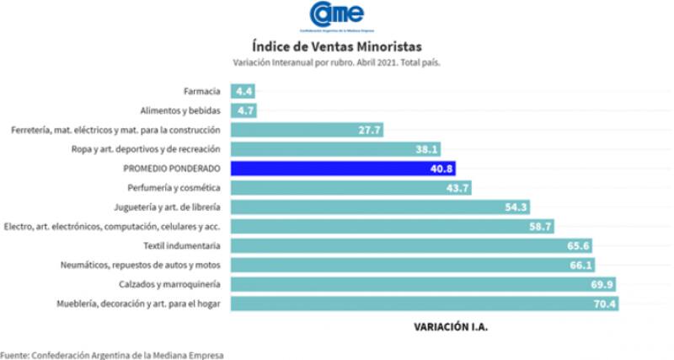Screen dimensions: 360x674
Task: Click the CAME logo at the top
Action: pyautogui.click(x=336, y=14)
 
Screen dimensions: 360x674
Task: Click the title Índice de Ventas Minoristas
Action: pyautogui.click(x=336, y=45)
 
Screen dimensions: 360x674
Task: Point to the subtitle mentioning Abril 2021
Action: pyautogui.click(x=336, y=62)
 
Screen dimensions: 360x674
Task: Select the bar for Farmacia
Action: pyautogui.click(x=243, y=90)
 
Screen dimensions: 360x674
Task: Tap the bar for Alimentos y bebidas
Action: pyautogui.click(x=244, y=110)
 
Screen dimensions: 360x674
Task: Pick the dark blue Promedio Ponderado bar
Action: pyautogui.click(x=345, y=168)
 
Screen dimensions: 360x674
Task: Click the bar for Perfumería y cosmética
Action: pyautogui.click(x=352, y=187)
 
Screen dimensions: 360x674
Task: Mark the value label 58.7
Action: pyautogui.click(x=540, y=226)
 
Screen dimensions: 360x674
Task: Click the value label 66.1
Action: pyautogui.click(x=580, y=265)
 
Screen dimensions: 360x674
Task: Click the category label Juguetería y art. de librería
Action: pyautogui.click(x=167, y=207)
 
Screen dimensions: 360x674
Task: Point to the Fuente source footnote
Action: pyautogui.click(x=112, y=355)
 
